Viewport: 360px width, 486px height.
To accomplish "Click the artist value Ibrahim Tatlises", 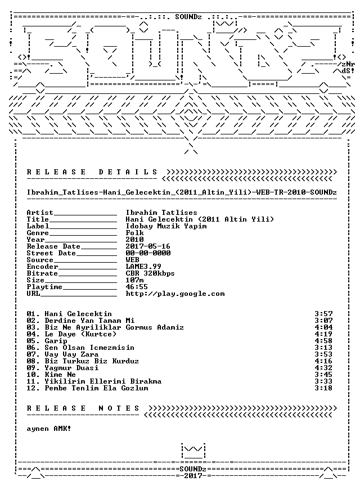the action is (x=161, y=213).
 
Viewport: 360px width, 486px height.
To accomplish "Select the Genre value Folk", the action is (x=134, y=233).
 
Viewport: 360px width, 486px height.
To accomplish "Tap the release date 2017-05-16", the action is (x=148, y=246).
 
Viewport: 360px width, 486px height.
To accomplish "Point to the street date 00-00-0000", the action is (x=148, y=253).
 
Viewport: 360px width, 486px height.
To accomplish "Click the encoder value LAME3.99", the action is (x=143, y=267).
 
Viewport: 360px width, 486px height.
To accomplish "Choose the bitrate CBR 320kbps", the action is (x=150, y=273).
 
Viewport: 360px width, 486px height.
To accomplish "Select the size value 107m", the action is (x=134, y=280).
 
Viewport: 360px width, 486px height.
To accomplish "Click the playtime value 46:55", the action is (x=137, y=287).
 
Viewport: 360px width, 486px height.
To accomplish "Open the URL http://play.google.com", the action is (x=175, y=294).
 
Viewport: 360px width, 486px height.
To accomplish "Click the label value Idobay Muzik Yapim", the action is (x=166, y=226).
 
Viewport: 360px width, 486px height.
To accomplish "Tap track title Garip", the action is (x=56, y=341).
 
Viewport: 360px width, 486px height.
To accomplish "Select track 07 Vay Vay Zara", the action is (x=71, y=354).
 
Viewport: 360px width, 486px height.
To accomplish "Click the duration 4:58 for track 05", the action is (x=323, y=341).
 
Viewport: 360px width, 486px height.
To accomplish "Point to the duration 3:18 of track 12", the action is (x=323, y=388).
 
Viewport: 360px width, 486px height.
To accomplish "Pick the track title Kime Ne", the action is (x=60, y=375).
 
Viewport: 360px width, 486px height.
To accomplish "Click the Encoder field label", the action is (x=42, y=267).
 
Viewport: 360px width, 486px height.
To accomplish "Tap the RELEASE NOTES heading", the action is (x=83, y=408).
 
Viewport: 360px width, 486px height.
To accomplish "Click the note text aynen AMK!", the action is (x=49, y=429).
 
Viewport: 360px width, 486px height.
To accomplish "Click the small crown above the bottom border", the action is (x=193, y=451).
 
